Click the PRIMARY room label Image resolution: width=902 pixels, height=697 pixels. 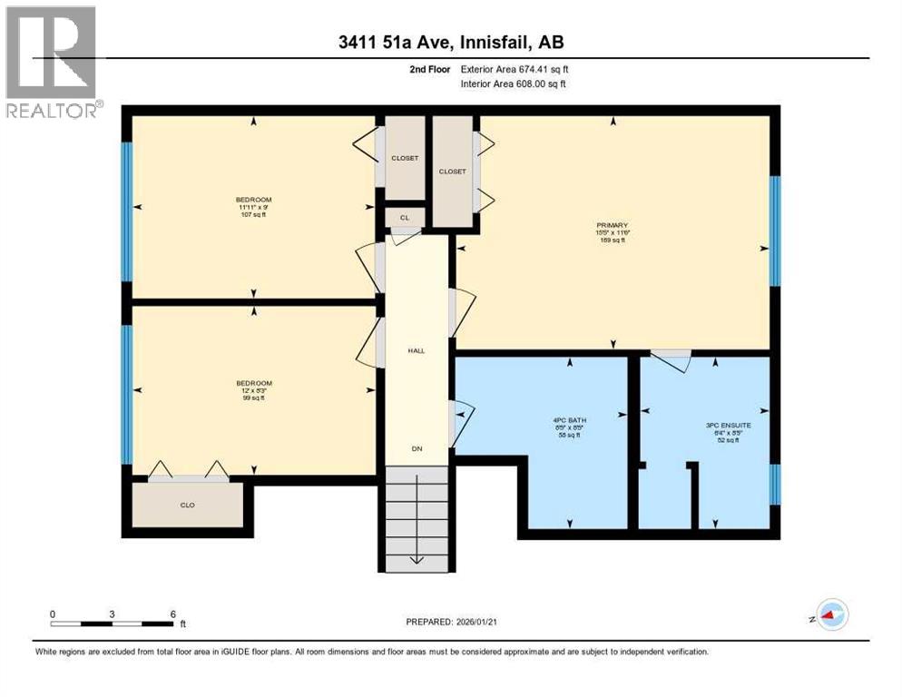pyautogui.click(x=613, y=225)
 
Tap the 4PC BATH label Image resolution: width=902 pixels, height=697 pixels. pyautogui.click(x=566, y=420)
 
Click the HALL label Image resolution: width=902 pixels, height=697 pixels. pyautogui.click(x=416, y=350)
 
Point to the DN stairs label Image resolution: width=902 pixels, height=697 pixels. pyautogui.click(x=416, y=448)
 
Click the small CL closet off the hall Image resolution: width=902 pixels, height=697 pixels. pyautogui.click(x=404, y=218)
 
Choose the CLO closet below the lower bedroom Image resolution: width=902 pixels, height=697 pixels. pyautogui.click(x=187, y=505)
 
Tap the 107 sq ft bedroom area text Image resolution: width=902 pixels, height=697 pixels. pyautogui.click(x=253, y=214)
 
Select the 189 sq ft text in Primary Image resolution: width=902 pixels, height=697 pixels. pyautogui.click(x=613, y=241)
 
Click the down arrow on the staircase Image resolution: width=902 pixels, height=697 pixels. pyautogui.click(x=416, y=556)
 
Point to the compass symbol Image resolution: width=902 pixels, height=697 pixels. pyautogui.click(x=829, y=614)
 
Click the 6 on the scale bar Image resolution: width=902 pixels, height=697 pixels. pyautogui.click(x=172, y=614)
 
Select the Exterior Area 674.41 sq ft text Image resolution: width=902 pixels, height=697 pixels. pyautogui.click(x=517, y=69)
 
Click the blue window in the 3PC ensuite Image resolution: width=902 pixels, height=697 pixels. pyautogui.click(x=775, y=484)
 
